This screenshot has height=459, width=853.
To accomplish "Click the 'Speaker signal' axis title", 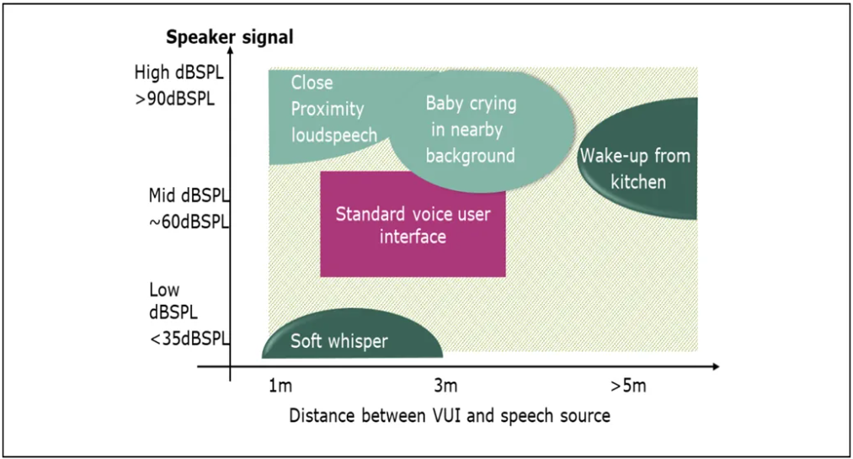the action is coord(230,37).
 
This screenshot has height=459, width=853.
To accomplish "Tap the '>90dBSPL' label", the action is coord(174,99).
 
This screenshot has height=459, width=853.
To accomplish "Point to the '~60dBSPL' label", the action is coord(189,221).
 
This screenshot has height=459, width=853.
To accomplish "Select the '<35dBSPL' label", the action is coord(189,339).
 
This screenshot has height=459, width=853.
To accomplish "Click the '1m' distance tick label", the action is coord(280,386).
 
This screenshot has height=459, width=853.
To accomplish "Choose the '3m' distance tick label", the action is coord(445,386).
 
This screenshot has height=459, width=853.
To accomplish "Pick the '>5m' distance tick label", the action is coord(628,386).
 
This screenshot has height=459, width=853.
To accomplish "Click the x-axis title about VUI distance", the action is coord(450,415).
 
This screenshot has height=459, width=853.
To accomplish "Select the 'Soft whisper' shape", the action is coord(352,334).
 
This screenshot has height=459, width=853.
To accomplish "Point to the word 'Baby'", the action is coord(445,104).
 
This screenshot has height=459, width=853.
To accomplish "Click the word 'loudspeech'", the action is coord(334,135).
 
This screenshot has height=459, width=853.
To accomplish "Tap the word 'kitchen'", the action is coord(638,182).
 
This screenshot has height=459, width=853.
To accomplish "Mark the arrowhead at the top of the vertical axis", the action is coord(230,50).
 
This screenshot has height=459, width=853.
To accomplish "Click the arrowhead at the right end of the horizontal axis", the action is coord(715,366).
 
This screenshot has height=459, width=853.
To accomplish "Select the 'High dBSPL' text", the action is coord(179,72).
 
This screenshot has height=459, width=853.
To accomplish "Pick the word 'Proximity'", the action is coord(327,109).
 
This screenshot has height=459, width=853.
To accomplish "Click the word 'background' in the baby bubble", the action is coord(470,156).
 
